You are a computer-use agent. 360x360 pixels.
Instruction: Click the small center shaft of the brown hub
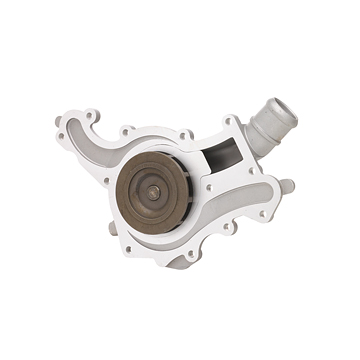click(x=154, y=193)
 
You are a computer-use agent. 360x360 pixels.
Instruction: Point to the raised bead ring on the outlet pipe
click(x=261, y=119)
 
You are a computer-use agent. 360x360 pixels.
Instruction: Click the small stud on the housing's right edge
click(x=288, y=186)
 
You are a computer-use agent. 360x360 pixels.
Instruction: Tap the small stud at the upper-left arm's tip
click(x=58, y=122)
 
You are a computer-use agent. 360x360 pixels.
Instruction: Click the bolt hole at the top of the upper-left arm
click(x=93, y=116)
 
